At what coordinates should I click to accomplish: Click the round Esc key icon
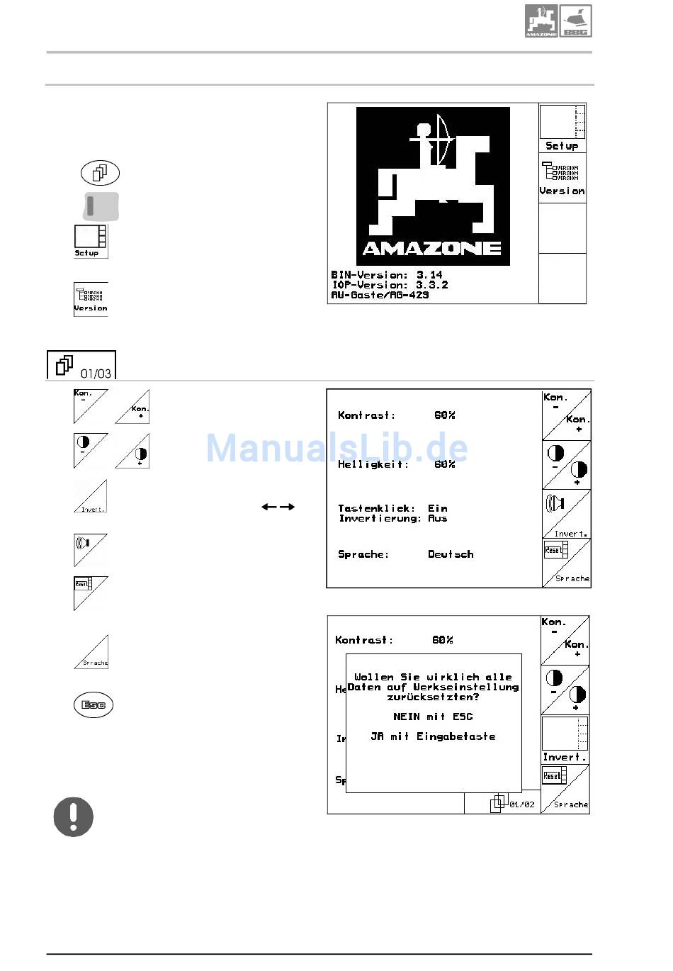tap(94, 705)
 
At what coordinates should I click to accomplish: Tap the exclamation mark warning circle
tap(74, 816)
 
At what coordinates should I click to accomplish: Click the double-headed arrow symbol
tap(278, 507)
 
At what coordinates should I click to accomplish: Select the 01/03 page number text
tap(96, 374)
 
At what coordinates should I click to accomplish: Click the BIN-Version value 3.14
tap(429, 275)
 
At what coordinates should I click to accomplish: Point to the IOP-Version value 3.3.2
tap(431, 285)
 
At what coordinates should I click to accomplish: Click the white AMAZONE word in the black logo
tap(432, 248)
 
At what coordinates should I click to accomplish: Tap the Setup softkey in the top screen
tap(562, 128)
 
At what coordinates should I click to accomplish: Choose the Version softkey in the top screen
tap(562, 178)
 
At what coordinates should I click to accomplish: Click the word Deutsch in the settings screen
tap(451, 554)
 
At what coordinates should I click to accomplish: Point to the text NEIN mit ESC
tap(433, 717)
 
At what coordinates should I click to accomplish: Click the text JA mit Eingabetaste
tap(433, 736)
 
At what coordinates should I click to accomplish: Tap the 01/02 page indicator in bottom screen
tap(522, 804)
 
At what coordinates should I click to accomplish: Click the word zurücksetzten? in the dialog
tap(433, 697)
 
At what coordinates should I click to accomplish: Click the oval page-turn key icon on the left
tap(101, 172)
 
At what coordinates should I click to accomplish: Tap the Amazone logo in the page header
tap(541, 21)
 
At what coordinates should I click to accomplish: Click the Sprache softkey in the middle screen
tap(567, 563)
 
